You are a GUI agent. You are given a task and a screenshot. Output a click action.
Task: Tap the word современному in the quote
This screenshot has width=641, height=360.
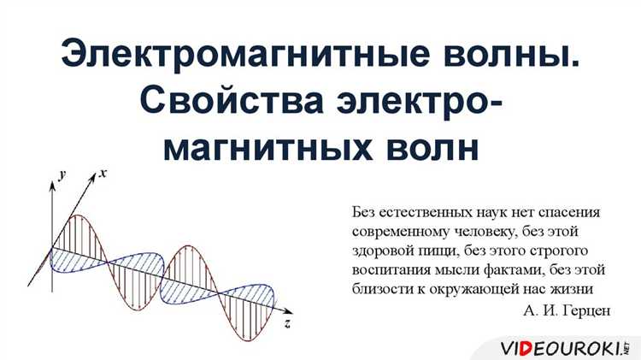coord(396,231)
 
